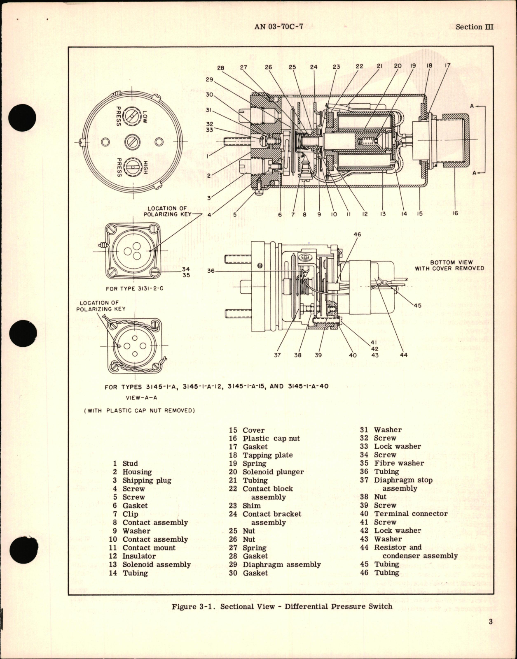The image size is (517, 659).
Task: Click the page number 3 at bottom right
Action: [491, 622]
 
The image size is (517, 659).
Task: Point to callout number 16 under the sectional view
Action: [456, 213]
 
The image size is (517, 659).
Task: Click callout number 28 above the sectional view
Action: [221, 68]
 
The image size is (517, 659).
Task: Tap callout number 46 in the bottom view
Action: [357, 234]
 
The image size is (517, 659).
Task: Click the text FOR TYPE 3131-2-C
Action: [134, 288]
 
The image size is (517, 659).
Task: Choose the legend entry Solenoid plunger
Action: [273, 472]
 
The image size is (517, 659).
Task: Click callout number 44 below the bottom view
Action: [404, 355]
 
